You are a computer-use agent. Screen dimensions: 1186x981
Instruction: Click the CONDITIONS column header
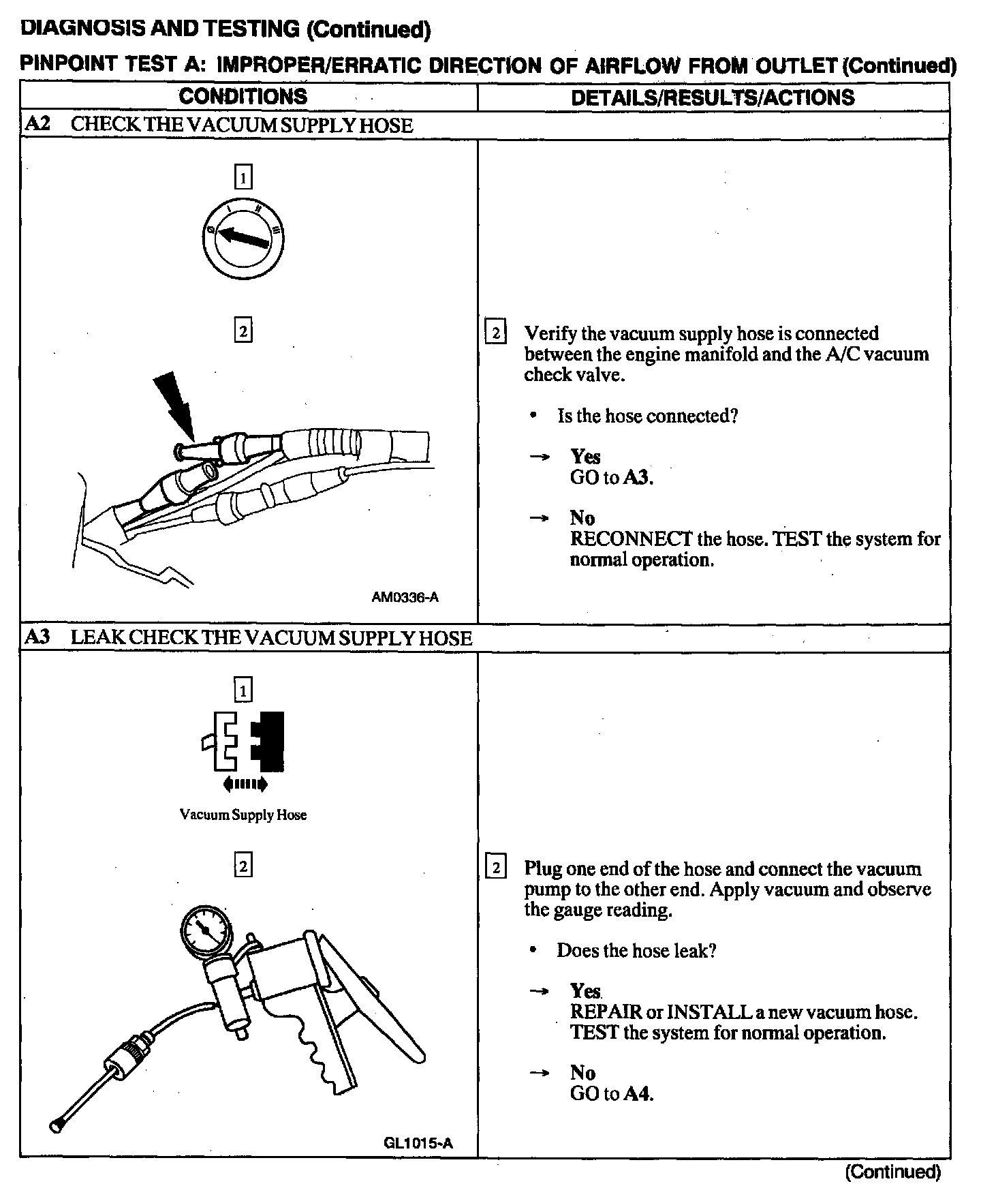point(243,96)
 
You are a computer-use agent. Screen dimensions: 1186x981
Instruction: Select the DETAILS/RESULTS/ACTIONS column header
point(713,97)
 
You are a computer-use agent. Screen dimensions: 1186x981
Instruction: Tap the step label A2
point(37,125)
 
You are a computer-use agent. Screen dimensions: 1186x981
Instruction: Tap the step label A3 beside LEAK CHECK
point(37,637)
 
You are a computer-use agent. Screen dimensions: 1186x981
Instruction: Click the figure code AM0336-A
point(405,597)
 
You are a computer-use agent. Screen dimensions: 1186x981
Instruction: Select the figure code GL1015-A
point(418,1143)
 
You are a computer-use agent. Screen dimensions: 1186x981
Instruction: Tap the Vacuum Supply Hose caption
point(243,815)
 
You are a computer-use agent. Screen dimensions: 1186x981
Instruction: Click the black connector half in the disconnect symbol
point(268,739)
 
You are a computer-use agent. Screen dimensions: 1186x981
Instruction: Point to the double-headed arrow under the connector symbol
point(245,785)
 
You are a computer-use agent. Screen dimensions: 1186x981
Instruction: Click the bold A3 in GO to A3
point(638,477)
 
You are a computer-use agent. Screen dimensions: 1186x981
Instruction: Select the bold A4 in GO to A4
point(638,1094)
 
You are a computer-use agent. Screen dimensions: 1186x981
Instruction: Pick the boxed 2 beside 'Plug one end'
point(495,868)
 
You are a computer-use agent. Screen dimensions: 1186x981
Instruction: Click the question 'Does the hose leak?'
point(636,950)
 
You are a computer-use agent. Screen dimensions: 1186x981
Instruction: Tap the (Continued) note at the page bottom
point(892,1172)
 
